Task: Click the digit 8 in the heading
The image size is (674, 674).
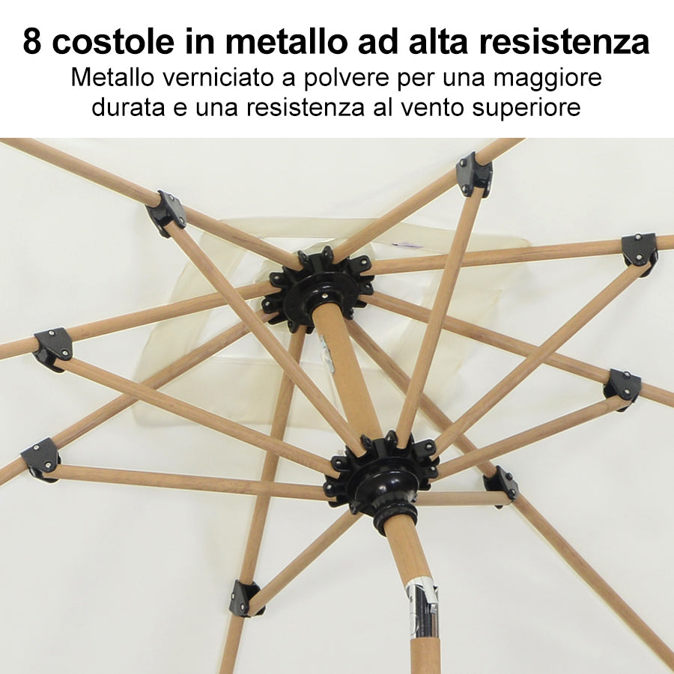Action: pyautogui.click(x=32, y=41)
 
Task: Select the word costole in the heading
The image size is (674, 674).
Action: pyautogui.click(x=114, y=41)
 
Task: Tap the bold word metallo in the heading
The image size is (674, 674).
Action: pyautogui.click(x=287, y=41)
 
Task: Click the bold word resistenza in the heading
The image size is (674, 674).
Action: pyautogui.click(x=565, y=41)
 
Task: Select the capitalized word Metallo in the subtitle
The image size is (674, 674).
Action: pyautogui.click(x=112, y=78)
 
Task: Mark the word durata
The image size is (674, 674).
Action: pyautogui.click(x=128, y=107)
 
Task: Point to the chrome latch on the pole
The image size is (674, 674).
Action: pyautogui.click(x=422, y=607)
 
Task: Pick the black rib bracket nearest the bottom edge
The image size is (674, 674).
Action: pyautogui.click(x=244, y=598)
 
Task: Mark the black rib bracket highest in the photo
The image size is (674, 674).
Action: pyautogui.click(x=474, y=174)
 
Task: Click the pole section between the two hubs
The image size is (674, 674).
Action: pyautogui.click(x=346, y=371)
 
